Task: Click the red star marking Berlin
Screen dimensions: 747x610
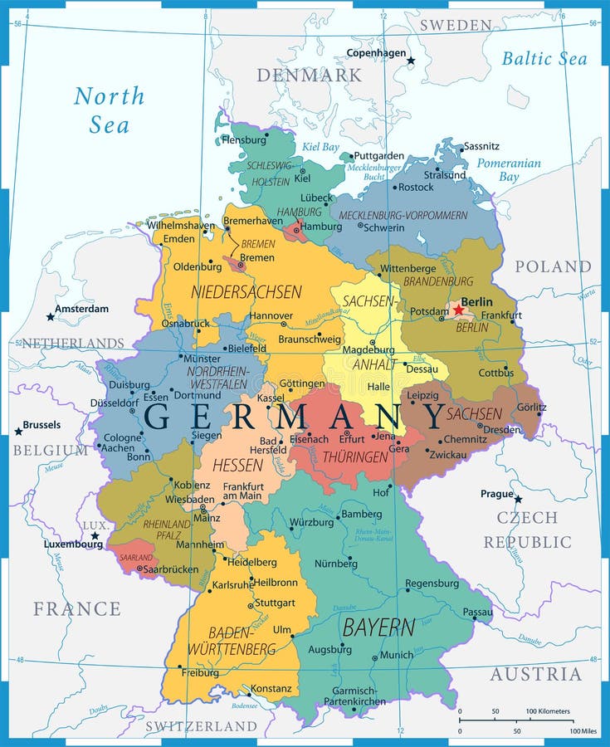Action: pyautogui.click(x=458, y=310)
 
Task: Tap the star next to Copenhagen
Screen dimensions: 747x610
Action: pyautogui.click(x=410, y=61)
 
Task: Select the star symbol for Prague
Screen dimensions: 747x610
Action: pyautogui.click(x=518, y=499)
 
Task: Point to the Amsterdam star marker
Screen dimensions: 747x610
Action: pyautogui.click(x=50, y=316)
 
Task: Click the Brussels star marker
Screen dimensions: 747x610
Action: pyautogui.click(x=18, y=432)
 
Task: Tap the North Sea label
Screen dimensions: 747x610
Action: pyautogui.click(x=109, y=110)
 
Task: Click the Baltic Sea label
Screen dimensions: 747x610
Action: pyautogui.click(x=544, y=58)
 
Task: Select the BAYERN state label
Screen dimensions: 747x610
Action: pyautogui.click(x=378, y=627)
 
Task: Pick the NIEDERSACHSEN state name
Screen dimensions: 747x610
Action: pyautogui.click(x=246, y=291)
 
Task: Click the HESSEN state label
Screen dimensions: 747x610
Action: pyautogui.click(x=237, y=465)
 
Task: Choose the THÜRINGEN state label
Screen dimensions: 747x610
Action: pyautogui.click(x=356, y=457)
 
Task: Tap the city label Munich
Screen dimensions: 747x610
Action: pyautogui.click(x=396, y=655)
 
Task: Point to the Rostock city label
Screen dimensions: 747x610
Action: pyautogui.click(x=416, y=188)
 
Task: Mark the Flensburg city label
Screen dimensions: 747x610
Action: pyautogui.click(x=244, y=140)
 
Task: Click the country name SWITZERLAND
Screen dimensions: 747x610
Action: pyautogui.click(x=201, y=726)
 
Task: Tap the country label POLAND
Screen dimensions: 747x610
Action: pyautogui.click(x=553, y=266)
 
